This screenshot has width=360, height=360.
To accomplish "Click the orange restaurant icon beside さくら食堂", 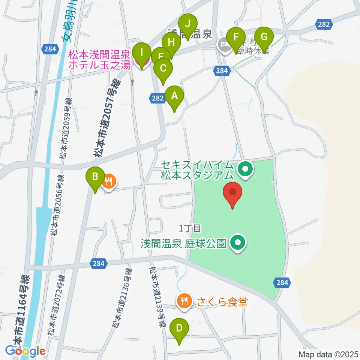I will point(183,300).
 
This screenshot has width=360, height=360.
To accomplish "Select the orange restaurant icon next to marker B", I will point(109,182).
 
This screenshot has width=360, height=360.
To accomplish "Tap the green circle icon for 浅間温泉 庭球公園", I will point(237,243).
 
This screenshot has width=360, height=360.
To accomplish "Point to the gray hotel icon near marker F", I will point(224,46).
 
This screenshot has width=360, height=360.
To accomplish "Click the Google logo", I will point(25,351).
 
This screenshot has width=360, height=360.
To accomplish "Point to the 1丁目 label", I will point(190,228).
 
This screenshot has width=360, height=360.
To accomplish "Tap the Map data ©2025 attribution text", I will point(328,354).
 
